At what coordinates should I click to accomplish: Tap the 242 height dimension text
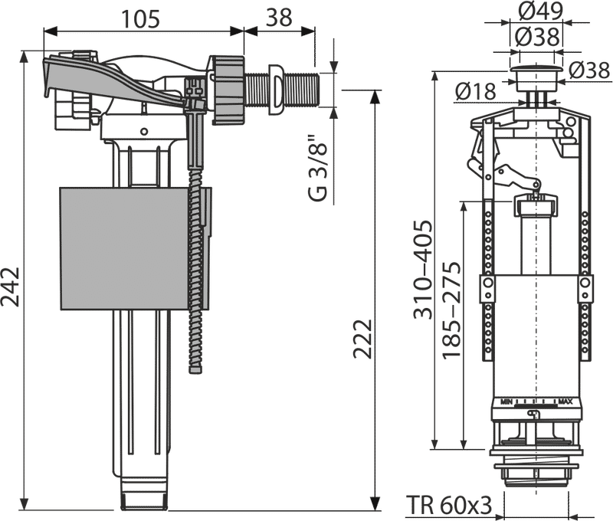10,287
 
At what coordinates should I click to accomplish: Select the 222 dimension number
362,339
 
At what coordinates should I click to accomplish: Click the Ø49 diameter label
541,11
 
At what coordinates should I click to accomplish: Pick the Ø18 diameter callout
475,92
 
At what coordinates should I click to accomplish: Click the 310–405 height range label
424,270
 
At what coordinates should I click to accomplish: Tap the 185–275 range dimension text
451,310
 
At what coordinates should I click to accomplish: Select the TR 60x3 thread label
449,505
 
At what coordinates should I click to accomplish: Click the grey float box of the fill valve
132,248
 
